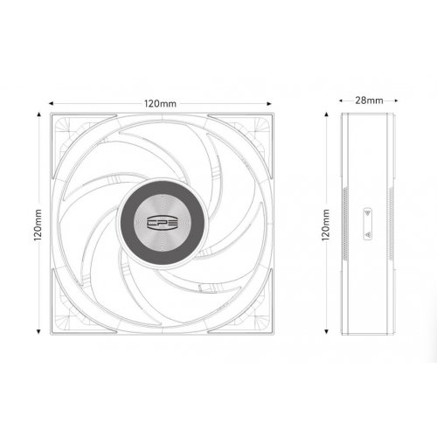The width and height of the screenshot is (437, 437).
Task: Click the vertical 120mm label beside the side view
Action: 326,223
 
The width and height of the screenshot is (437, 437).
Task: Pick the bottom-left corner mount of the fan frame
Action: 63,323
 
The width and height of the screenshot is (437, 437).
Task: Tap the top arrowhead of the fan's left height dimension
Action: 39,114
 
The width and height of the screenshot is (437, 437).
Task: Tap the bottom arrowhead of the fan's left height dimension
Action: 39,332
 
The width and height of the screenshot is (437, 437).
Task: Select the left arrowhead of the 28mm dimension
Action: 341,101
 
